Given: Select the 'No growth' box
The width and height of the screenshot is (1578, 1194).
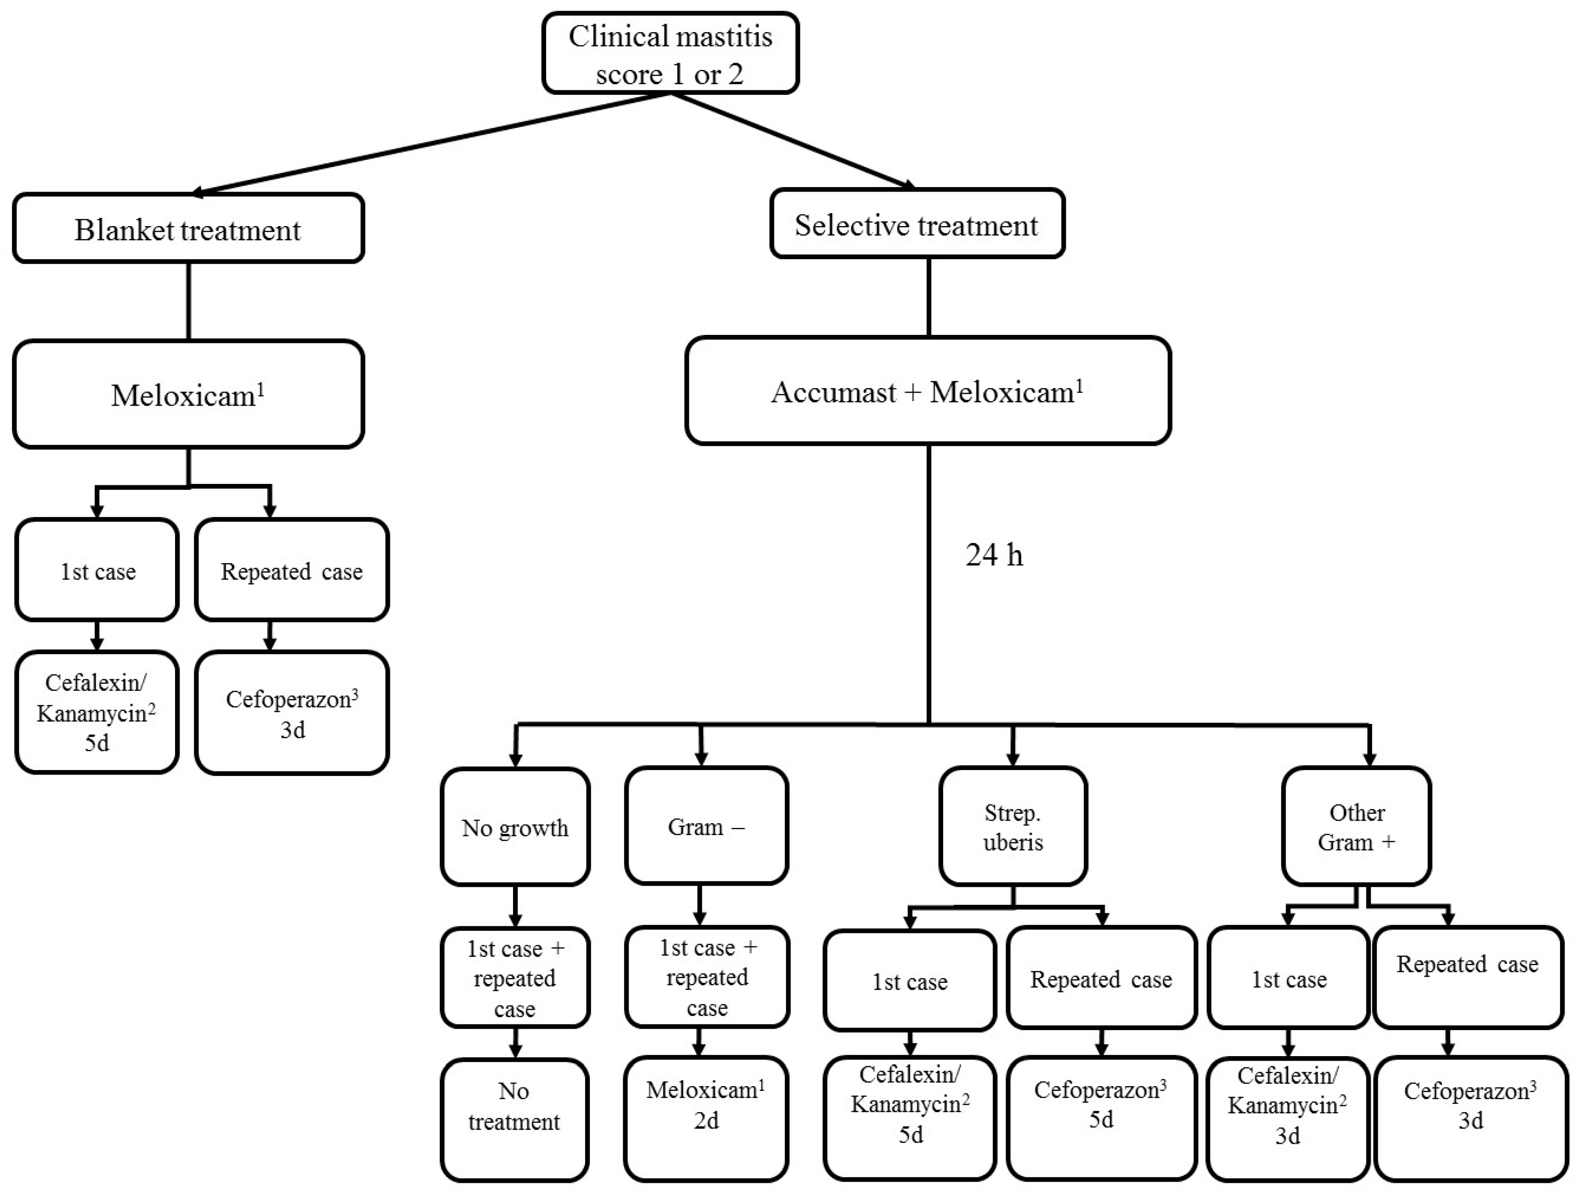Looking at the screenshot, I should [x=515, y=827].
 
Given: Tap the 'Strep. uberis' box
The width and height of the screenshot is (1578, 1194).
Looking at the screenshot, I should [x=1013, y=827].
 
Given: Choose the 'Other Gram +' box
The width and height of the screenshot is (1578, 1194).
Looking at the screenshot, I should [x=1356, y=827].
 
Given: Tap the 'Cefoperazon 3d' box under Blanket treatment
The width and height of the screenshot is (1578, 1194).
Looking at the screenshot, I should [x=292, y=713].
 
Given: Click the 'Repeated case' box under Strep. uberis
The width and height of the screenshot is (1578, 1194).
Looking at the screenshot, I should [x=1101, y=979].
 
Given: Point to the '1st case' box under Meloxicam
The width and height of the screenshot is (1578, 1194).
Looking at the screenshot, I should [x=98, y=571].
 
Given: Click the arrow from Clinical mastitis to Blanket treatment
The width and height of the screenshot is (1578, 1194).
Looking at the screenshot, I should [x=428, y=143].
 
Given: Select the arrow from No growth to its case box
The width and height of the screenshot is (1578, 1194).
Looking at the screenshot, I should [x=515, y=907].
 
